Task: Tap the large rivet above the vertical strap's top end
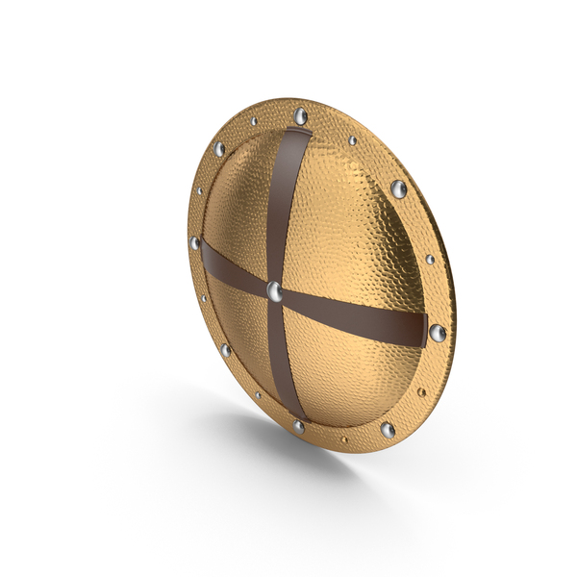[301, 117]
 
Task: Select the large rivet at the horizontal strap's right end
[438, 334]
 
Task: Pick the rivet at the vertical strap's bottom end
[298, 426]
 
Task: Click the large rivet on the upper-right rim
[397, 188]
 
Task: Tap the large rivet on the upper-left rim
[220, 150]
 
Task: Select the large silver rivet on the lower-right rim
[388, 429]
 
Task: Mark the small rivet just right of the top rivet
[352, 140]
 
